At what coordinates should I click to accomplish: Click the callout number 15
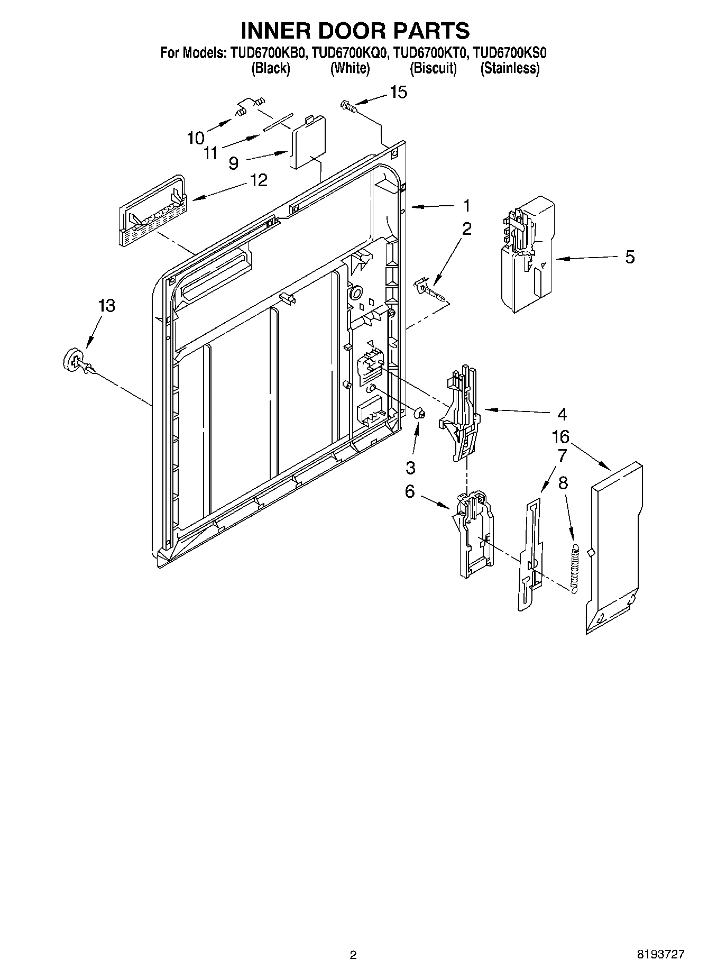click(399, 92)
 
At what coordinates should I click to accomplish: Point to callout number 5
click(630, 257)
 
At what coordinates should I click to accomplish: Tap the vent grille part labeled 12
click(151, 212)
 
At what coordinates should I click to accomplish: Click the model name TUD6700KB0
click(267, 53)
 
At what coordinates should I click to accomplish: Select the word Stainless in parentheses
click(510, 69)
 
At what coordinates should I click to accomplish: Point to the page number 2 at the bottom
click(353, 955)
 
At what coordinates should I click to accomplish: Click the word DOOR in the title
click(355, 31)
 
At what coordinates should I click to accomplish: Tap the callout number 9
click(233, 163)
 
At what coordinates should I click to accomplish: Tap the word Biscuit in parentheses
click(433, 69)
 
